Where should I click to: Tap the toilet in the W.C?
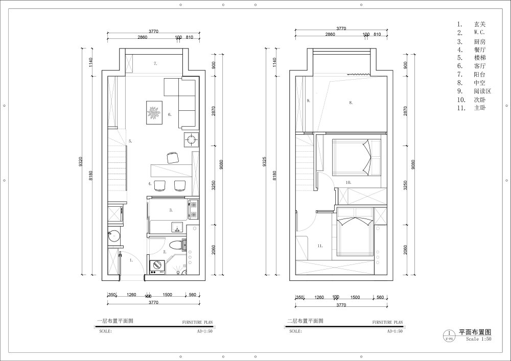click(177, 245)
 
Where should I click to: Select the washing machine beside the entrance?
click(156, 266)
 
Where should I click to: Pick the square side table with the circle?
click(192, 139)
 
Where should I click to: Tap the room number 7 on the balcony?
click(155, 64)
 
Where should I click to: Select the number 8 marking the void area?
click(351, 103)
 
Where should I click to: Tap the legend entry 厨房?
click(478, 41)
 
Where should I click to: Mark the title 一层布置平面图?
click(115, 322)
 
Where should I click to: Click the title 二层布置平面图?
click(305, 322)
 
